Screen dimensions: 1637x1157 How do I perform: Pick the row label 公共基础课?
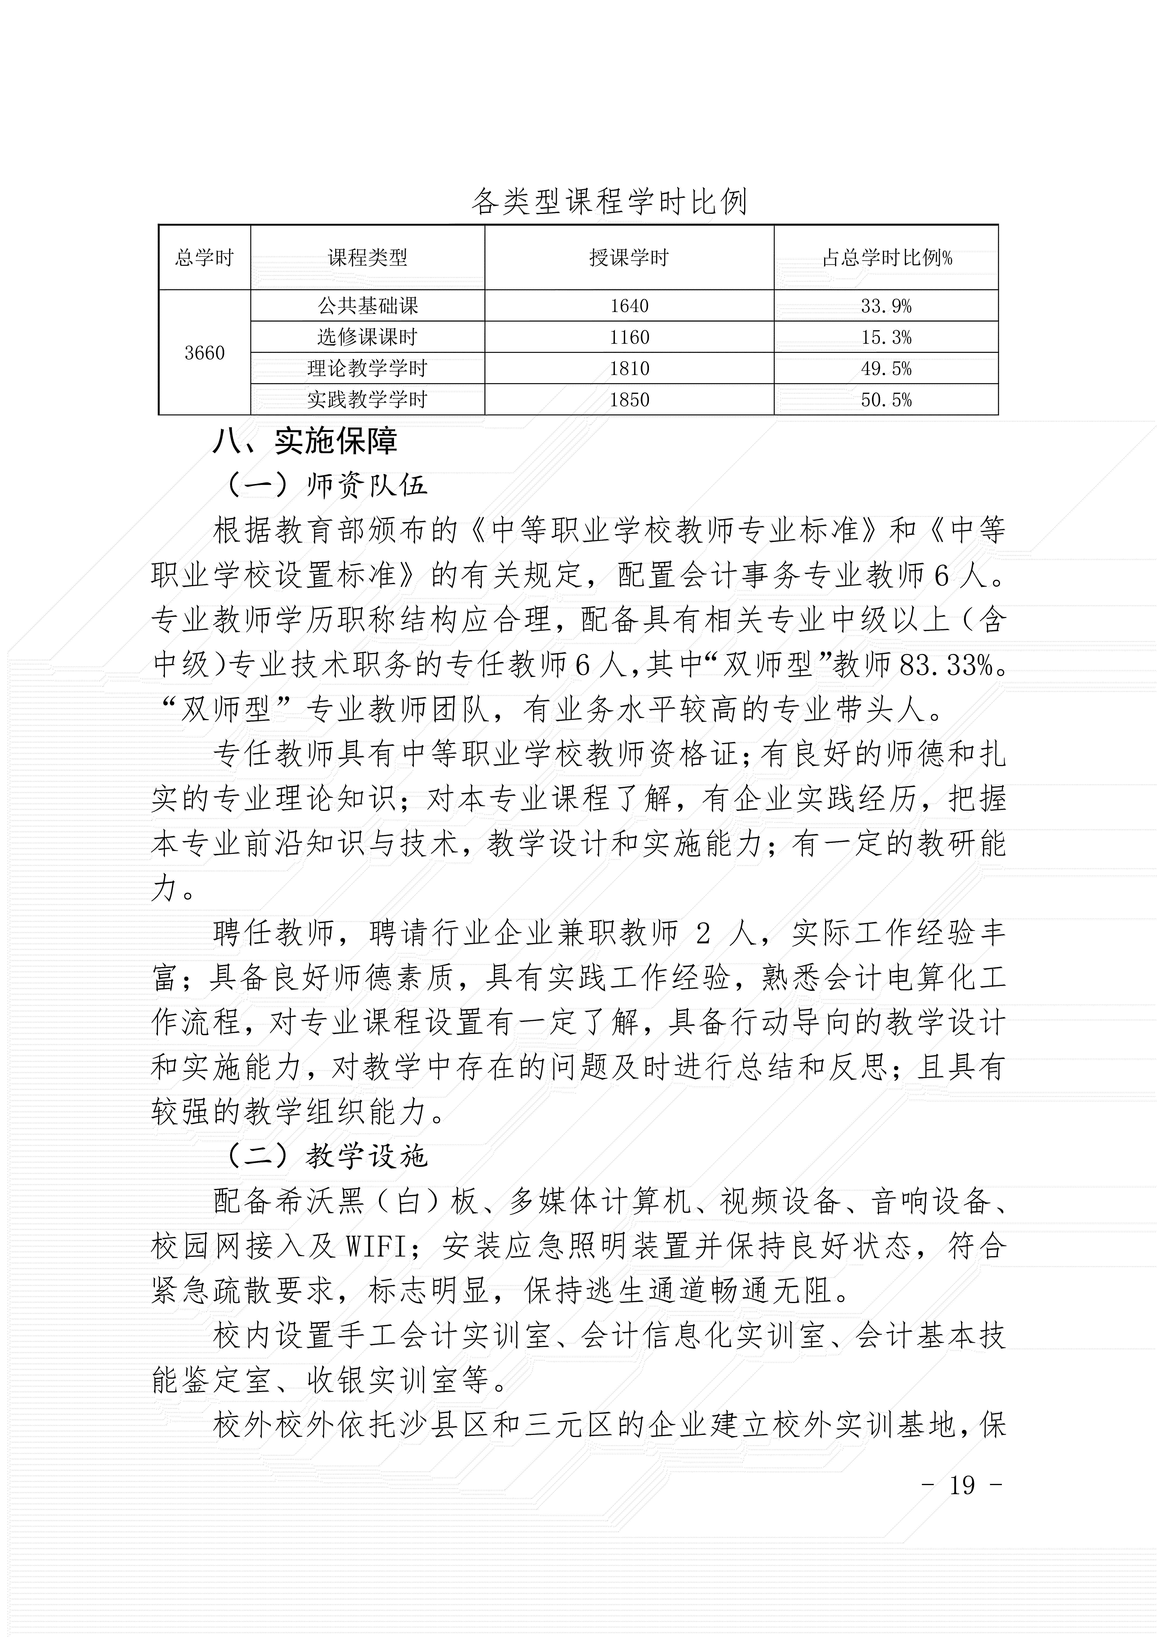(x=367, y=306)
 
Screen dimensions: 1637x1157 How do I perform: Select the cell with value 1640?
(x=629, y=306)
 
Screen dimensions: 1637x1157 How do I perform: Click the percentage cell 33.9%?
(x=886, y=306)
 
